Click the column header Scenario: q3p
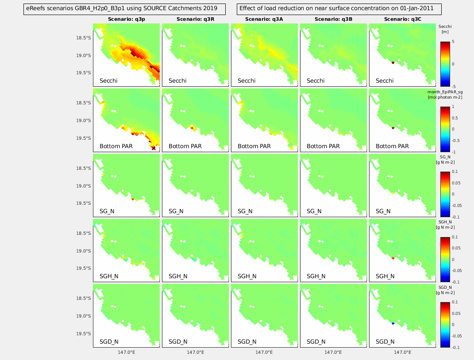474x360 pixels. tap(126, 19)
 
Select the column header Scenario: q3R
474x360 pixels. tap(195, 19)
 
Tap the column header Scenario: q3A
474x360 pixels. tap(264, 19)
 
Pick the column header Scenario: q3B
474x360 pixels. tap(333, 19)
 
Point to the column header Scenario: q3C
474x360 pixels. tap(402, 19)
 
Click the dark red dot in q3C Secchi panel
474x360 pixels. tap(393, 63)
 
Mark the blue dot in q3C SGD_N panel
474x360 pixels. tap(393, 324)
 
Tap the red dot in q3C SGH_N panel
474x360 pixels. tap(393, 258)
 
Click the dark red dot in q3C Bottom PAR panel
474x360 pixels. tap(393, 128)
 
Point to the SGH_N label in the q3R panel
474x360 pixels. tap(178, 276)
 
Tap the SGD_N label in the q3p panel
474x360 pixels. tap(109, 341)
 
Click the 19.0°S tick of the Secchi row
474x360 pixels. tap(84, 56)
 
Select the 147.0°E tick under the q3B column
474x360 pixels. tap(333, 353)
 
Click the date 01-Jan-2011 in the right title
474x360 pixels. tap(415, 8)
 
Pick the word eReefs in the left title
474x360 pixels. tap(36, 8)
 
